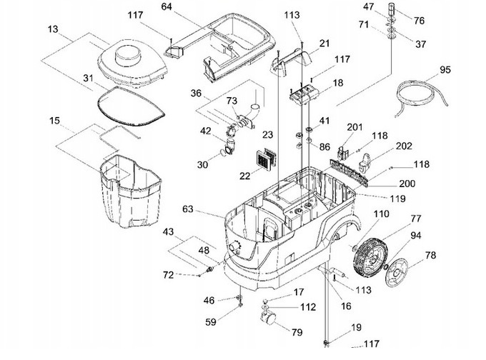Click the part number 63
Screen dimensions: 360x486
188,209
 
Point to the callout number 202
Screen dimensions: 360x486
404,146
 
